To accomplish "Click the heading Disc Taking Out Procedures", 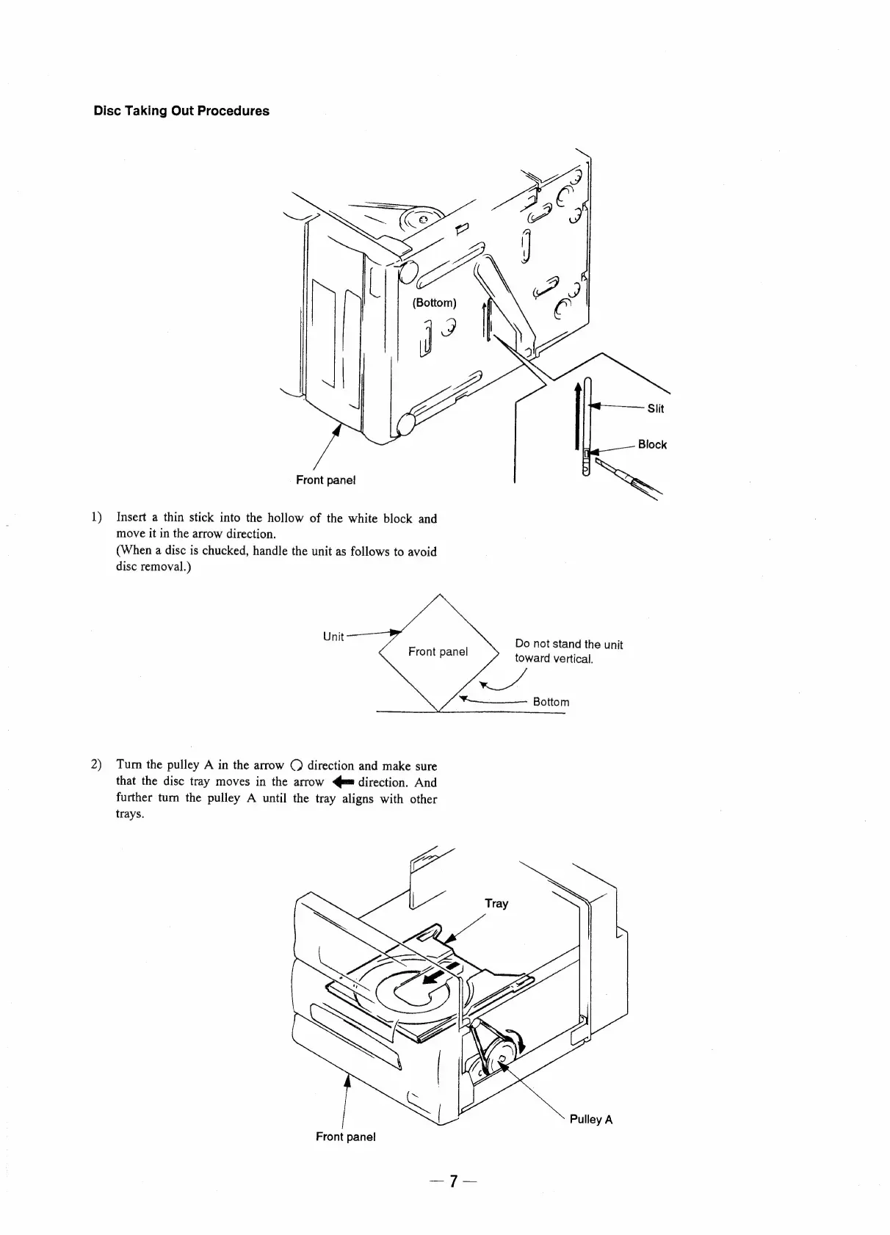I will (x=181, y=111).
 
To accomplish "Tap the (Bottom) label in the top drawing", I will (x=434, y=303).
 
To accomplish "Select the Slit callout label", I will (x=655, y=409).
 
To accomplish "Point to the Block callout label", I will (x=652, y=444).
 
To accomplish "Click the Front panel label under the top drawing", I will (x=325, y=479).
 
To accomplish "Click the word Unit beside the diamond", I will (x=333, y=637).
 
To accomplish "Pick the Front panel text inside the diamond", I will (x=438, y=651).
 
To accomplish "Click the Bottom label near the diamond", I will (x=551, y=702).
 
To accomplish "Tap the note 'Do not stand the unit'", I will (x=568, y=645).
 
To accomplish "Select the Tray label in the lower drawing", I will (x=496, y=903).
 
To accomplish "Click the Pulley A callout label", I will (x=590, y=1120).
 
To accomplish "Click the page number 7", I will (x=454, y=1202).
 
